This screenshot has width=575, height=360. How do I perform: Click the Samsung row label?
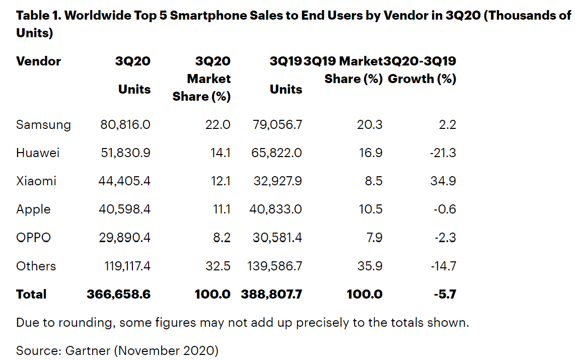43,124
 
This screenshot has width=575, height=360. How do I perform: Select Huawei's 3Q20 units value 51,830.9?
125,153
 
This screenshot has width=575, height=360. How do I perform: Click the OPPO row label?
33,237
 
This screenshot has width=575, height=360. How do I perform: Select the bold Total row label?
31,294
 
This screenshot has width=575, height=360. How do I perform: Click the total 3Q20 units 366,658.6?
119,294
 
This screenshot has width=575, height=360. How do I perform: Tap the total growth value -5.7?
445,294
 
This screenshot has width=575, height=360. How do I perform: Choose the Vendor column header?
38,61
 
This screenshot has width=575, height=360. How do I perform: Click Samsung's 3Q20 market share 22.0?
219,124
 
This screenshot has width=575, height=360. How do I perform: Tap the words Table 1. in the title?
39,16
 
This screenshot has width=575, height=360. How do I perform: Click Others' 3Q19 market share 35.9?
370,266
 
